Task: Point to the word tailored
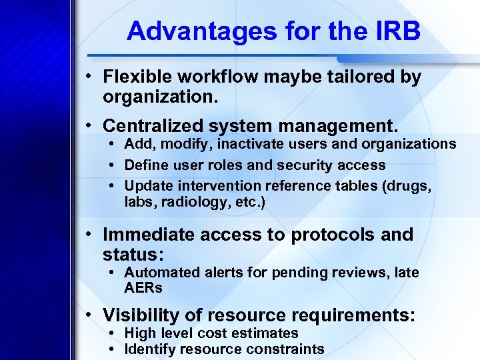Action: click(x=363, y=77)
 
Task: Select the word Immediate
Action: click(x=147, y=235)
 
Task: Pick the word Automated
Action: click(x=162, y=273)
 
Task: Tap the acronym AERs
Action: click(x=143, y=289)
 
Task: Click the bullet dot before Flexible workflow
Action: click(x=89, y=77)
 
